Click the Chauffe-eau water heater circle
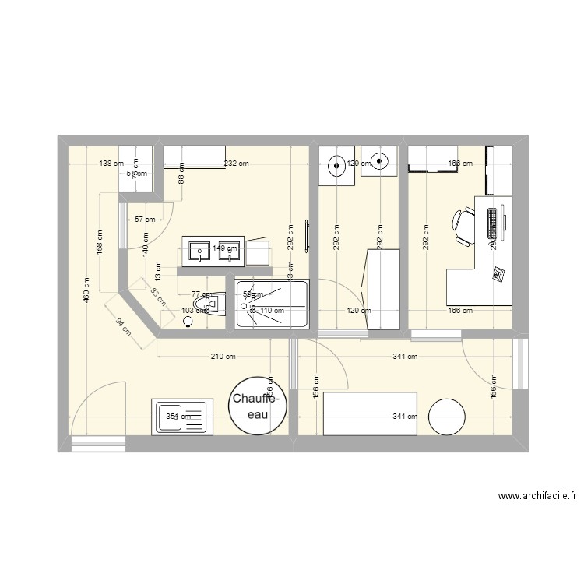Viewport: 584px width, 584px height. (x=258, y=406)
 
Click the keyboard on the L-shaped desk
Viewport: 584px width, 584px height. (x=492, y=223)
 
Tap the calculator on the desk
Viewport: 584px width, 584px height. (x=497, y=273)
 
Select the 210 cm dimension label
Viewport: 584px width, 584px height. (x=222, y=357)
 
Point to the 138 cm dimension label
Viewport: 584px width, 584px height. (x=111, y=164)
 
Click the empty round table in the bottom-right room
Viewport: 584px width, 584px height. (x=447, y=416)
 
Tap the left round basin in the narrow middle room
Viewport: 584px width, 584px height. (x=336, y=164)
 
